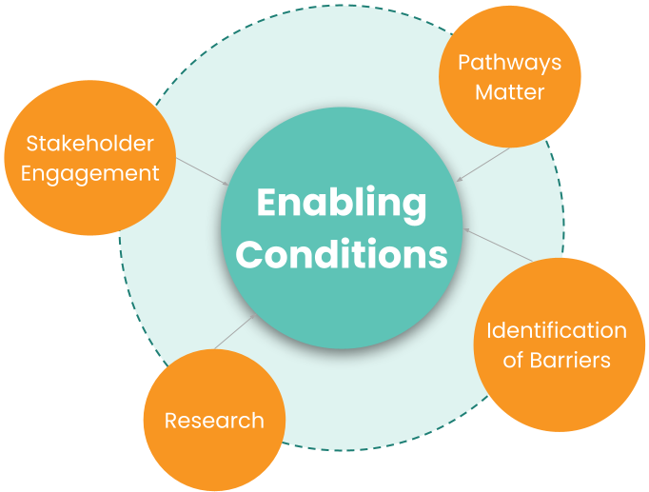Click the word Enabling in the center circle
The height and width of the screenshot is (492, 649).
(342, 205)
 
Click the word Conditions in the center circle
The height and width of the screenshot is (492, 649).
(342, 254)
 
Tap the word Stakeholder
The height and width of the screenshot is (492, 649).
(89, 144)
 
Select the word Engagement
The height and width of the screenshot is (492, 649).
(89, 173)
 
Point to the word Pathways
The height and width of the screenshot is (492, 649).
(509, 63)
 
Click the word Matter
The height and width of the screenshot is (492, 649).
(509, 92)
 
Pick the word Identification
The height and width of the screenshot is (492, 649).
(557, 330)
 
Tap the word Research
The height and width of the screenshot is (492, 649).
(214, 420)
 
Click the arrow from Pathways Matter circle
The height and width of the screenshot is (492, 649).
(483, 163)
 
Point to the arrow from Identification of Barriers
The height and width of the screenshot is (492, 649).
(497, 245)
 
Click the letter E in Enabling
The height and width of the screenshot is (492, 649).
(266, 203)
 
